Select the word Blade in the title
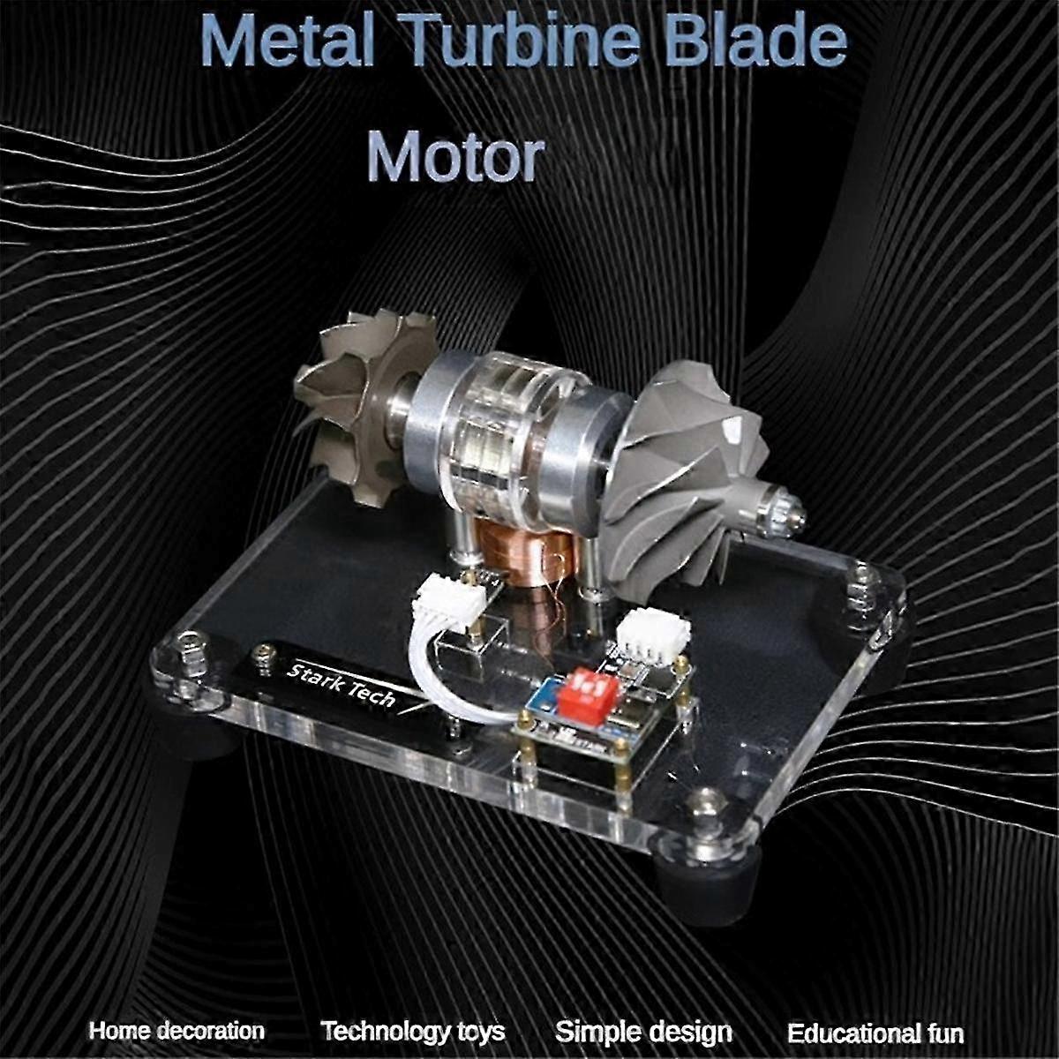(x=758, y=41)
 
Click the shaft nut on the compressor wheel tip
(x=785, y=512)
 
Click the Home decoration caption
(x=176, y=1031)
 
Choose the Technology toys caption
(x=412, y=1031)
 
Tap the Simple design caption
(x=643, y=1032)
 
